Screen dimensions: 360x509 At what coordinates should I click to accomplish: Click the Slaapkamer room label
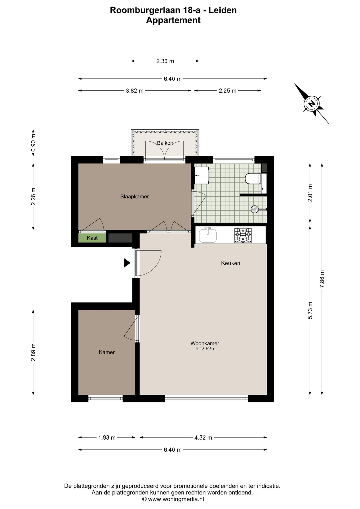134,196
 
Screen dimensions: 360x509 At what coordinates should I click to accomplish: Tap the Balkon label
165,143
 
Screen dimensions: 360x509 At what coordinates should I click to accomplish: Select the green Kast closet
92,238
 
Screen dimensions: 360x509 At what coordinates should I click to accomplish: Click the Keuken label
230,263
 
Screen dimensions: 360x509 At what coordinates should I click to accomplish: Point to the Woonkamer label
205,343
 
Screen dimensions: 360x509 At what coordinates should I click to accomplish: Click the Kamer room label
107,352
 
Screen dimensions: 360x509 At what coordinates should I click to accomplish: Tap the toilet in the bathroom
253,179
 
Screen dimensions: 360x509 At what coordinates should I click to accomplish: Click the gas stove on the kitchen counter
243,235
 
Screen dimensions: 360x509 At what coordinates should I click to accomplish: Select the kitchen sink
208,235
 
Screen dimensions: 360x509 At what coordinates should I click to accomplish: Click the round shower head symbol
255,209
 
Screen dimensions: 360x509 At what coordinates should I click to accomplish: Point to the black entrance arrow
127,263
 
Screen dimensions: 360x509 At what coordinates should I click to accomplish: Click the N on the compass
312,103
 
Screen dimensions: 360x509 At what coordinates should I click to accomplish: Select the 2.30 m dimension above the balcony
165,61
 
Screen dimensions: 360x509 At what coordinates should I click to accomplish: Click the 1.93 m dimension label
107,437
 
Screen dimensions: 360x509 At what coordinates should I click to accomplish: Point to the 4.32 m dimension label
203,437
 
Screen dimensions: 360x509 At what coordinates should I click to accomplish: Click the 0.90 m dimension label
33,143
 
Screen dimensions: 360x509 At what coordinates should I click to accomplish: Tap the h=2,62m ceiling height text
205,349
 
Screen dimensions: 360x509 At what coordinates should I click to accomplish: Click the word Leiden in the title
223,10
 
